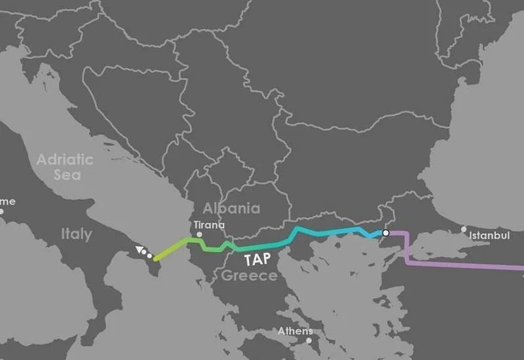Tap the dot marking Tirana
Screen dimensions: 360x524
201,234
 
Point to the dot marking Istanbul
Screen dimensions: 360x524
464,229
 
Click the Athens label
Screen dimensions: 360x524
295,331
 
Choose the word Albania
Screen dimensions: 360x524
231,208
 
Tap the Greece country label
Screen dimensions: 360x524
249,276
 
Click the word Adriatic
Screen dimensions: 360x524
65,159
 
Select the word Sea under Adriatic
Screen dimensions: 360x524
67,175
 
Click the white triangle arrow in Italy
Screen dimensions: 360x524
139,249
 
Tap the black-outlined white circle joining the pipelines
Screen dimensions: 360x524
386,232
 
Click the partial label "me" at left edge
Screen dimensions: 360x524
8,201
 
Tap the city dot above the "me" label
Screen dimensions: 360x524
1,211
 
